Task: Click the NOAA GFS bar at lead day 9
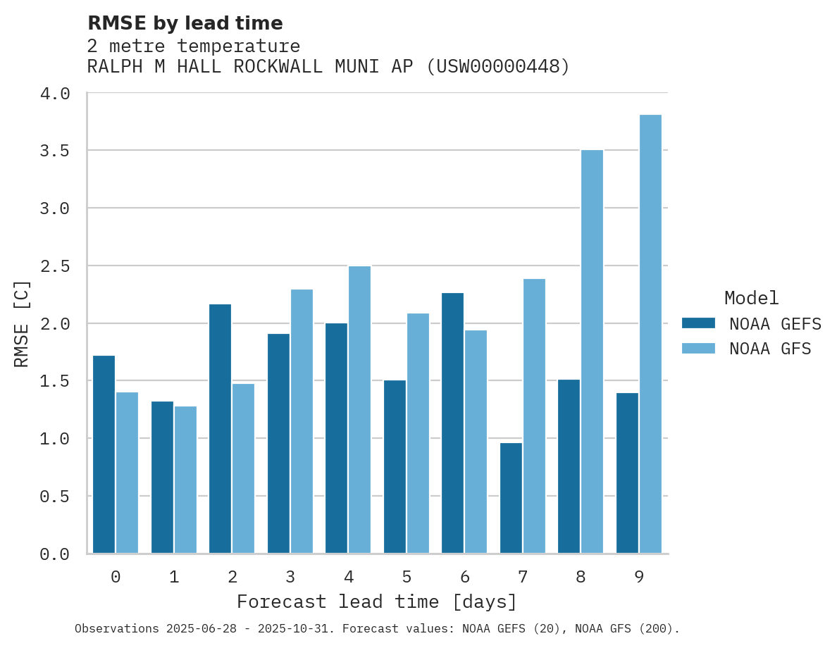point(650,334)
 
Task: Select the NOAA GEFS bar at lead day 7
point(511,498)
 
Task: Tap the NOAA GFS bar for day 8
point(592,351)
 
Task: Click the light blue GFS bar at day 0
point(127,473)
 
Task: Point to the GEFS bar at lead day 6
point(453,423)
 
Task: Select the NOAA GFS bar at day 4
point(359,409)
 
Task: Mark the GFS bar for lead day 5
point(418,433)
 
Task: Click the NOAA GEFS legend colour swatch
point(698,323)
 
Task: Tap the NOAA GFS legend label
point(770,349)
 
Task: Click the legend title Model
point(751,298)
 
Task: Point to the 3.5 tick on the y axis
point(54,151)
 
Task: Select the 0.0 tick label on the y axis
point(54,554)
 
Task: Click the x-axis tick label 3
point(290,578)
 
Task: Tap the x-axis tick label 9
point(639,578)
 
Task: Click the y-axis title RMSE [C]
point(23,323)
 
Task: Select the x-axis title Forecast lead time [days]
point(377,602)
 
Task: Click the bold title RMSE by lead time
point(185,23)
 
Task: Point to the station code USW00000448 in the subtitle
point(498,67)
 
